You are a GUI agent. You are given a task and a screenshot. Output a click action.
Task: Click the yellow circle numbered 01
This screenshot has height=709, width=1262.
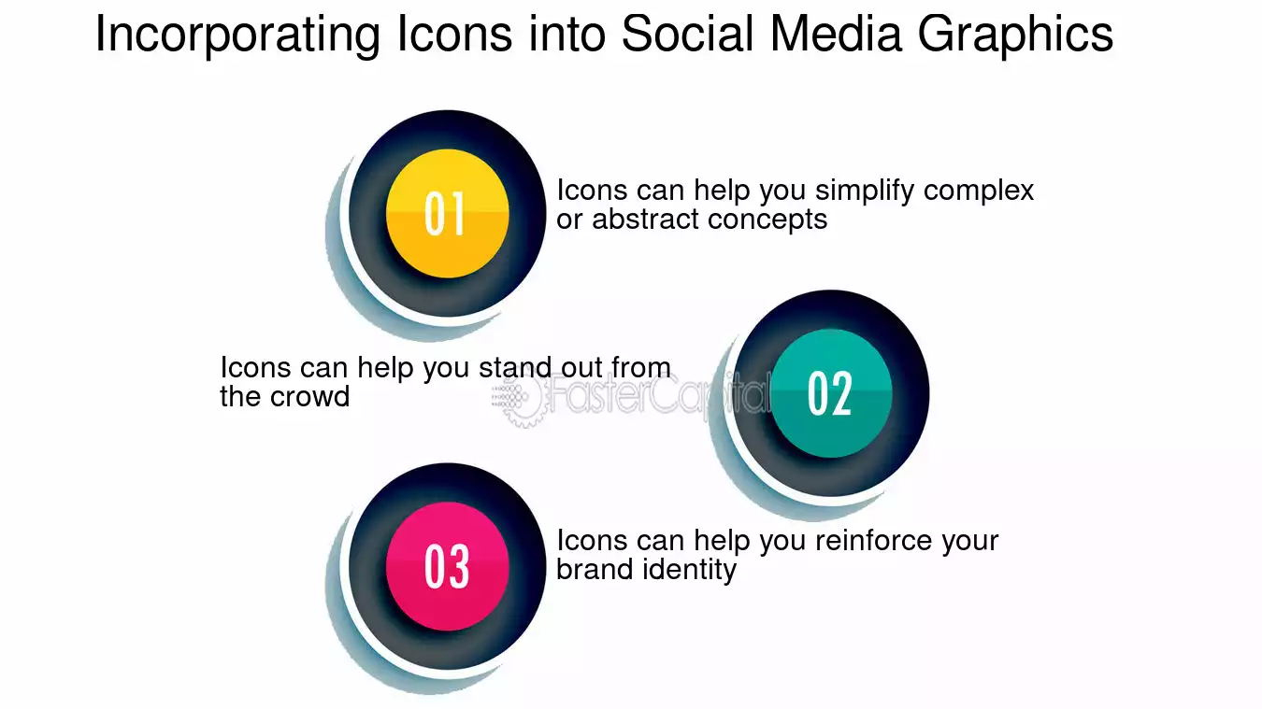click(x=448, y=213)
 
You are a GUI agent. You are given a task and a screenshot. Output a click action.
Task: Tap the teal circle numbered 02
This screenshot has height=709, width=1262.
click(x=831, y=393)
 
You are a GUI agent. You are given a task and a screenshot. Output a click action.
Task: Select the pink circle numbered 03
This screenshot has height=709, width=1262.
click(x=448, y=566)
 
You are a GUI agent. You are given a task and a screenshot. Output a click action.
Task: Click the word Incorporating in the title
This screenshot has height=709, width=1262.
click(x=237, y=35)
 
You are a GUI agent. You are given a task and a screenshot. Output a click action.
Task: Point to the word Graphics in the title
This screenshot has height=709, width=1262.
click(x=1015, y=35)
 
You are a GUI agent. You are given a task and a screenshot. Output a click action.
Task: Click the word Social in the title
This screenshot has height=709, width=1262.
click(x=687, y=34)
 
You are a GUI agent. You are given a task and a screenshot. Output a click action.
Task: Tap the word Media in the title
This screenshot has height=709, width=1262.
click(x=836, y=34)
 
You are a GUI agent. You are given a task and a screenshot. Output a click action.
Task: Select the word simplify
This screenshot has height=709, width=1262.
click(x=865, y=191)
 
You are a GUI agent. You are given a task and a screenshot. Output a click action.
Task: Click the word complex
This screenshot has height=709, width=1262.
click(x=979, y=191)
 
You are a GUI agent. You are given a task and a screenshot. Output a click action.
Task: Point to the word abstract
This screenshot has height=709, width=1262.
click(x=645, y=219)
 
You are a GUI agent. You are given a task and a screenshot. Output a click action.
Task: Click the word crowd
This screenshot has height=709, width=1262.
click(x=309, y=396)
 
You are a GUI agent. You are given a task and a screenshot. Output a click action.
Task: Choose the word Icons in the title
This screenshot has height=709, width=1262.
click(x=454, y=34)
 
